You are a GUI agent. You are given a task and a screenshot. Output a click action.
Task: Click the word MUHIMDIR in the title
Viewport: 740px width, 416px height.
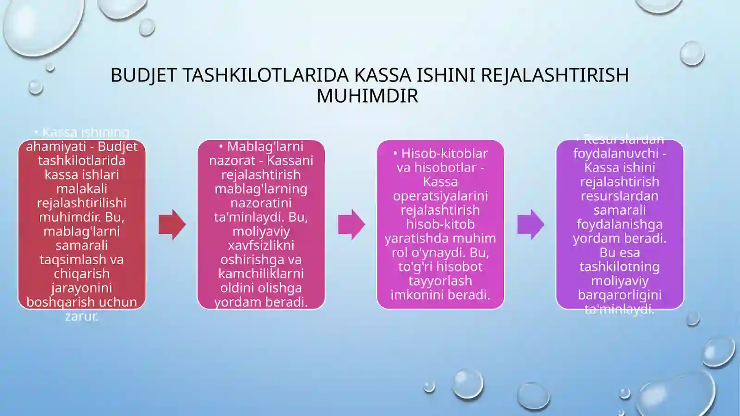(367, 96)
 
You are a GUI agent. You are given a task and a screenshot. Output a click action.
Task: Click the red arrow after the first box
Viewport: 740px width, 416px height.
(172, 224)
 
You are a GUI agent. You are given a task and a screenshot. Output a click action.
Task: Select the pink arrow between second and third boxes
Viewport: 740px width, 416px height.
(351, 224)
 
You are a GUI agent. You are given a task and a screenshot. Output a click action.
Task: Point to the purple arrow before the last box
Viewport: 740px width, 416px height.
(530, 224)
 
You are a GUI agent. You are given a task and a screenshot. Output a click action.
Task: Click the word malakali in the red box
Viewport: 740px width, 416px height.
(81, 189)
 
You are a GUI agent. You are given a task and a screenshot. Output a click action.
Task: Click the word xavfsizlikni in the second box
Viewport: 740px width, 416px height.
(261, 245)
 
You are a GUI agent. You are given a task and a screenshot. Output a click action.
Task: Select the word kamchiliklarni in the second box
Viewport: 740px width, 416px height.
(261, 273)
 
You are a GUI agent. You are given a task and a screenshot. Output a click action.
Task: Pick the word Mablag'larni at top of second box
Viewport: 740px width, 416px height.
(265, 146)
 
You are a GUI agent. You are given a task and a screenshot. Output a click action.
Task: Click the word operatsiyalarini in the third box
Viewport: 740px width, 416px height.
(440, 196)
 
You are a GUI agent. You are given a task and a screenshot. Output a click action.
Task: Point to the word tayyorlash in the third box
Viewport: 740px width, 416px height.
(440, 280)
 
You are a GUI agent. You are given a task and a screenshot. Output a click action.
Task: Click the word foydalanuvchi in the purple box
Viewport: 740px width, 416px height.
(616, 153)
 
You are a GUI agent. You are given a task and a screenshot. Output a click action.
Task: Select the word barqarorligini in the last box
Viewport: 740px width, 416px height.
(619, 295)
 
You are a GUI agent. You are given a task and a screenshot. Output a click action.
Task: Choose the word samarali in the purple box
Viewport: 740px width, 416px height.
(619, 210)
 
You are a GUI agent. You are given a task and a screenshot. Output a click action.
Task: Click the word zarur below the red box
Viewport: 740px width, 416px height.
(81, 317)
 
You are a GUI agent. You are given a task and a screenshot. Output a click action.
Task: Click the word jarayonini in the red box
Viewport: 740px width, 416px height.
(81, 288)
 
